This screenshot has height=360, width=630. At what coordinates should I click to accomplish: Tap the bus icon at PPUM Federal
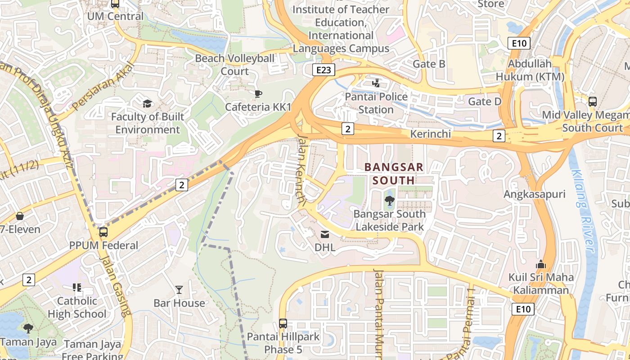(103, 232)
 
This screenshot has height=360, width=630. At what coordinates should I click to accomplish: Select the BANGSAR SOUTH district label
(394, 174)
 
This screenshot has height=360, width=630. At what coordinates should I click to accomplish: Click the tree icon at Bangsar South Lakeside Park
(390, 201)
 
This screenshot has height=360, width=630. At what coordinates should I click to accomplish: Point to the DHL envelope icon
(325, 234)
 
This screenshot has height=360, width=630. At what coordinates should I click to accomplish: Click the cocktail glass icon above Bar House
(179, 289)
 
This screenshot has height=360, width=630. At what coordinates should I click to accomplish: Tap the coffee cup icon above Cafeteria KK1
(258, 94)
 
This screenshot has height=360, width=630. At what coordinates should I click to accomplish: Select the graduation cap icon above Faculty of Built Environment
(147, 104)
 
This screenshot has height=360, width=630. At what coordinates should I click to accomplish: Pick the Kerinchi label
(430, 134)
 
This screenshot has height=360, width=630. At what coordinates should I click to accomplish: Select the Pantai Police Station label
(376, 103)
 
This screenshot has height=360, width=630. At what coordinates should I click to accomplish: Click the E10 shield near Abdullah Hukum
(519, 43)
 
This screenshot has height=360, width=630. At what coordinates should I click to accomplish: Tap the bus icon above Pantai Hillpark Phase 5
(283, 323)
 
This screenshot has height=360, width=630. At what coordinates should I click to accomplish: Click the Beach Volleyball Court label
(234, 65)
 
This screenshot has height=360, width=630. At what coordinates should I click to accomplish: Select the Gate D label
(485, 101)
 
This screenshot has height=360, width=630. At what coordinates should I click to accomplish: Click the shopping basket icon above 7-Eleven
(19, 216)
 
